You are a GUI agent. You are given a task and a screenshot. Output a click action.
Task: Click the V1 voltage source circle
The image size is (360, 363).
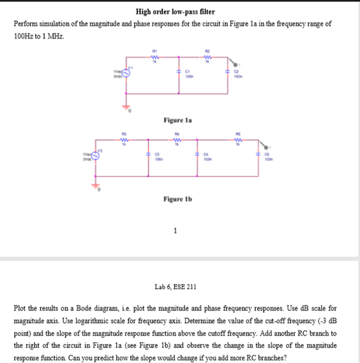126,74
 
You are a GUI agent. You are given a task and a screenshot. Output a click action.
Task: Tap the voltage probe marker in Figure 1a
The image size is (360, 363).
237,63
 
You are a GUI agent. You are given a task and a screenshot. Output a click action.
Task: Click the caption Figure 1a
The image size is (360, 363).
177,119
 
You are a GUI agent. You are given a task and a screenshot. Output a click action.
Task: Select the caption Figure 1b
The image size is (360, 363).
177,199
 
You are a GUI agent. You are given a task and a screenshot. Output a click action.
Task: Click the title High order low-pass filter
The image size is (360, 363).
175,12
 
